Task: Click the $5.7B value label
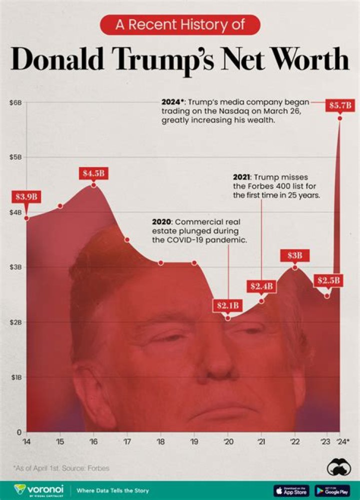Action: [340, 105]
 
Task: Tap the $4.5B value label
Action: [93, 174]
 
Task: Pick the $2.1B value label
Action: [227, 305]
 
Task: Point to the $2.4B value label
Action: [261, 286]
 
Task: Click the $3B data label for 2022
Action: [294, 255]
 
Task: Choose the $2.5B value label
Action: [327, 280]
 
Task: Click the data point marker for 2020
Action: [228, 318]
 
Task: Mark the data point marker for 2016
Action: [93, 185]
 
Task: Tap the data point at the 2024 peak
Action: [340, 118]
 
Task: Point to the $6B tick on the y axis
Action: [16, 102]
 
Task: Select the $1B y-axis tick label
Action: [16, 377]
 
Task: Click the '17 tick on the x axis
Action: [126, 442]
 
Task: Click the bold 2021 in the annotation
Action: [242, 177]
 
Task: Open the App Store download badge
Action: [291, 490]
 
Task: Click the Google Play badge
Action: [332, 490]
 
